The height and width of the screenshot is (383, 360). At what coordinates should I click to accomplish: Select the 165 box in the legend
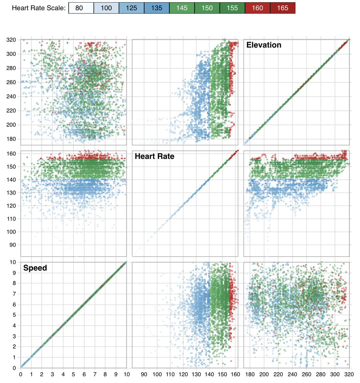283,8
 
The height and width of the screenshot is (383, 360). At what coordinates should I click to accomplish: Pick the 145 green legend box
182,8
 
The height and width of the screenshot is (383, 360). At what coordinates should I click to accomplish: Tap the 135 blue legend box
157,8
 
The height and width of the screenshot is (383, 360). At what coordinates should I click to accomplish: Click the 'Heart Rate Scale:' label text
39,8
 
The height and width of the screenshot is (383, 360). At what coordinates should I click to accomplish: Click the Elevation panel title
264,45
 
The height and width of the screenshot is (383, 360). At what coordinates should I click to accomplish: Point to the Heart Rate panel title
154,156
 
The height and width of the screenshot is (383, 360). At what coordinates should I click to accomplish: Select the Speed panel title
35,268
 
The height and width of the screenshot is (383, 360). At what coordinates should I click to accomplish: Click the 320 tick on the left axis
11,40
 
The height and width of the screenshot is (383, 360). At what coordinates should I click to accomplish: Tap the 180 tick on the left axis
11,139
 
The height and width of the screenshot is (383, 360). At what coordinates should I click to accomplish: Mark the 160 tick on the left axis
11,154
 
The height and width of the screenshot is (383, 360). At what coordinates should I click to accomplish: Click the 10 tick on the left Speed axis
13,262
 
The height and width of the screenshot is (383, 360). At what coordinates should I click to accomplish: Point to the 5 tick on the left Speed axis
14,315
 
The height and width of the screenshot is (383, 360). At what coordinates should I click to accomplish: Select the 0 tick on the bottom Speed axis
21,374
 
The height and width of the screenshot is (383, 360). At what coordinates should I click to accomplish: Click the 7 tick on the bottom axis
95,374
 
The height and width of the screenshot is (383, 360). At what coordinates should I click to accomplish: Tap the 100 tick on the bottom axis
157,374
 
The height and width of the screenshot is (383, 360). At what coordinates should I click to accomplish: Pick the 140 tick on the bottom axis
209,374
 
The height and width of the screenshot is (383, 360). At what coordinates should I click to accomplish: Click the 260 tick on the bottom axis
306,374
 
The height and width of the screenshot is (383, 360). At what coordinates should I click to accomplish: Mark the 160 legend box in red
257,8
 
